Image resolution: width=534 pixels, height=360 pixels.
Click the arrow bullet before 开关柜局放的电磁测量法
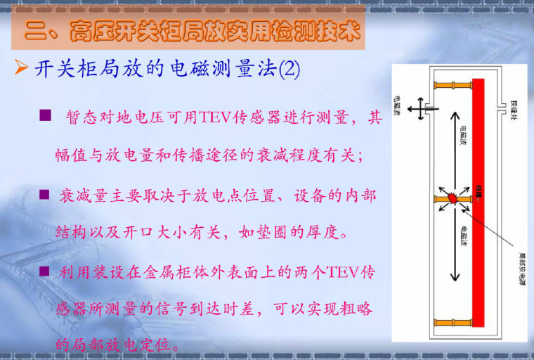[22, 69]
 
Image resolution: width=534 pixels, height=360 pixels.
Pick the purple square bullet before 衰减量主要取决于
[44, 193]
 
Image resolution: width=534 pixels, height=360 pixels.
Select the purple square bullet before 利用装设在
[44, 270]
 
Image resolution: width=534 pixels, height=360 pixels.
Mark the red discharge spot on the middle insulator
[454, 199]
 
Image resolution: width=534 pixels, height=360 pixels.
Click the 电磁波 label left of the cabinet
[398, 105]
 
